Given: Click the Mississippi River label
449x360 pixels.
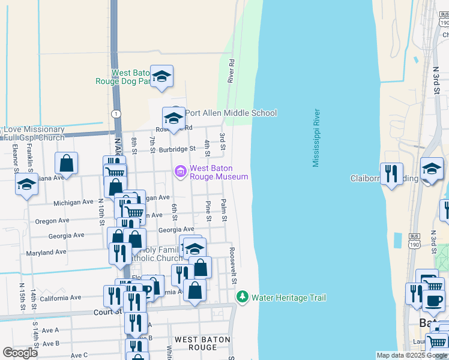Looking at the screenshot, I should coord(316,138).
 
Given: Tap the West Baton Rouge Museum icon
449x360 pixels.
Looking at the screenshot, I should coord(180,172).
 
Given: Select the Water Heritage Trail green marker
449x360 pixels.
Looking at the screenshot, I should coord(243,297).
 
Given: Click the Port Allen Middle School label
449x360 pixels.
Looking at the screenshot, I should coord(231,113).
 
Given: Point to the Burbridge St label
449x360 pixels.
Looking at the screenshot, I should coord(178,148).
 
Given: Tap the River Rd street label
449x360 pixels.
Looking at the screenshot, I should coord(231,71).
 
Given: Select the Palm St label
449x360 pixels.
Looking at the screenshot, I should coord(223,211).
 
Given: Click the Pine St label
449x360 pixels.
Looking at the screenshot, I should coord(208,211).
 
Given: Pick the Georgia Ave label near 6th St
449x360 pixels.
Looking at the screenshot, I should coord(176,230).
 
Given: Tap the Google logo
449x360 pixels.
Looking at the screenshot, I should coord(20,353).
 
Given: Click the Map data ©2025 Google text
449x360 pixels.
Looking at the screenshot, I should coord(411,355).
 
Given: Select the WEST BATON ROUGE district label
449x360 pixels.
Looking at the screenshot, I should coord(200,343).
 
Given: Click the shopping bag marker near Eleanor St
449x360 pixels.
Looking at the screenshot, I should coord(66,163).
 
